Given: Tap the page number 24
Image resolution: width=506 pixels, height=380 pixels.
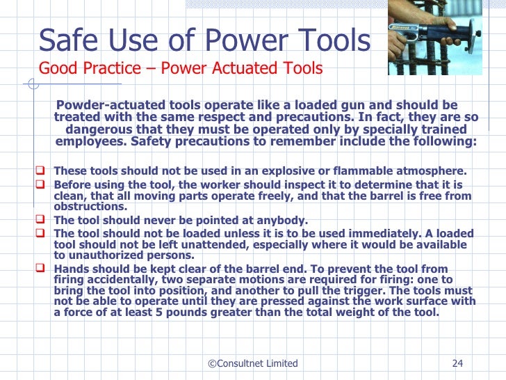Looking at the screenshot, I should tap(457, 363).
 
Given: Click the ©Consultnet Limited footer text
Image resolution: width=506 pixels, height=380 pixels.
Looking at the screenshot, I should tap(253, 363).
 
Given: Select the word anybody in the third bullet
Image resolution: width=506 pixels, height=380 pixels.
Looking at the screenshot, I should tap(281, 221).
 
